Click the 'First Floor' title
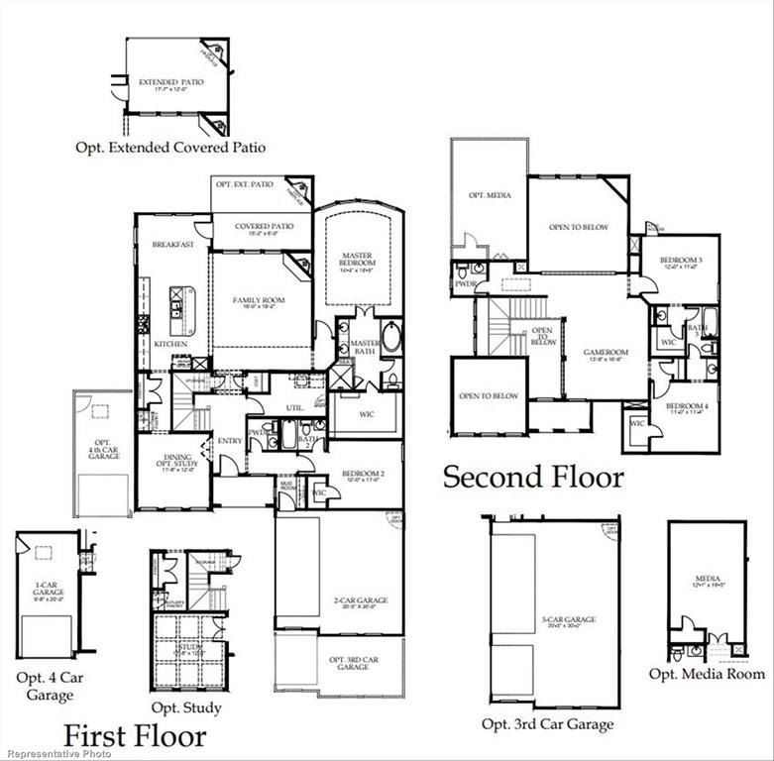point(135,735)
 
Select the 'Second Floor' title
point(533,477)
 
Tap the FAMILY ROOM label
point(259,300)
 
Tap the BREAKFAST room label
point(172,245)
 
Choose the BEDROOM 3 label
point(682,261)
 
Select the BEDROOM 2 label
point(362,477)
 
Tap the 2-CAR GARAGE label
point(361,600)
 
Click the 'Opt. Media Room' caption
point(707,674)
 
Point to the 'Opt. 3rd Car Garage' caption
point(547,724)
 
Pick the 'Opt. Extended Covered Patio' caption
point(170,148)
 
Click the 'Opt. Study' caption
point(185,707)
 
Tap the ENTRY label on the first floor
point(229,440)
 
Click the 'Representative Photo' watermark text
point(56,754)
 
